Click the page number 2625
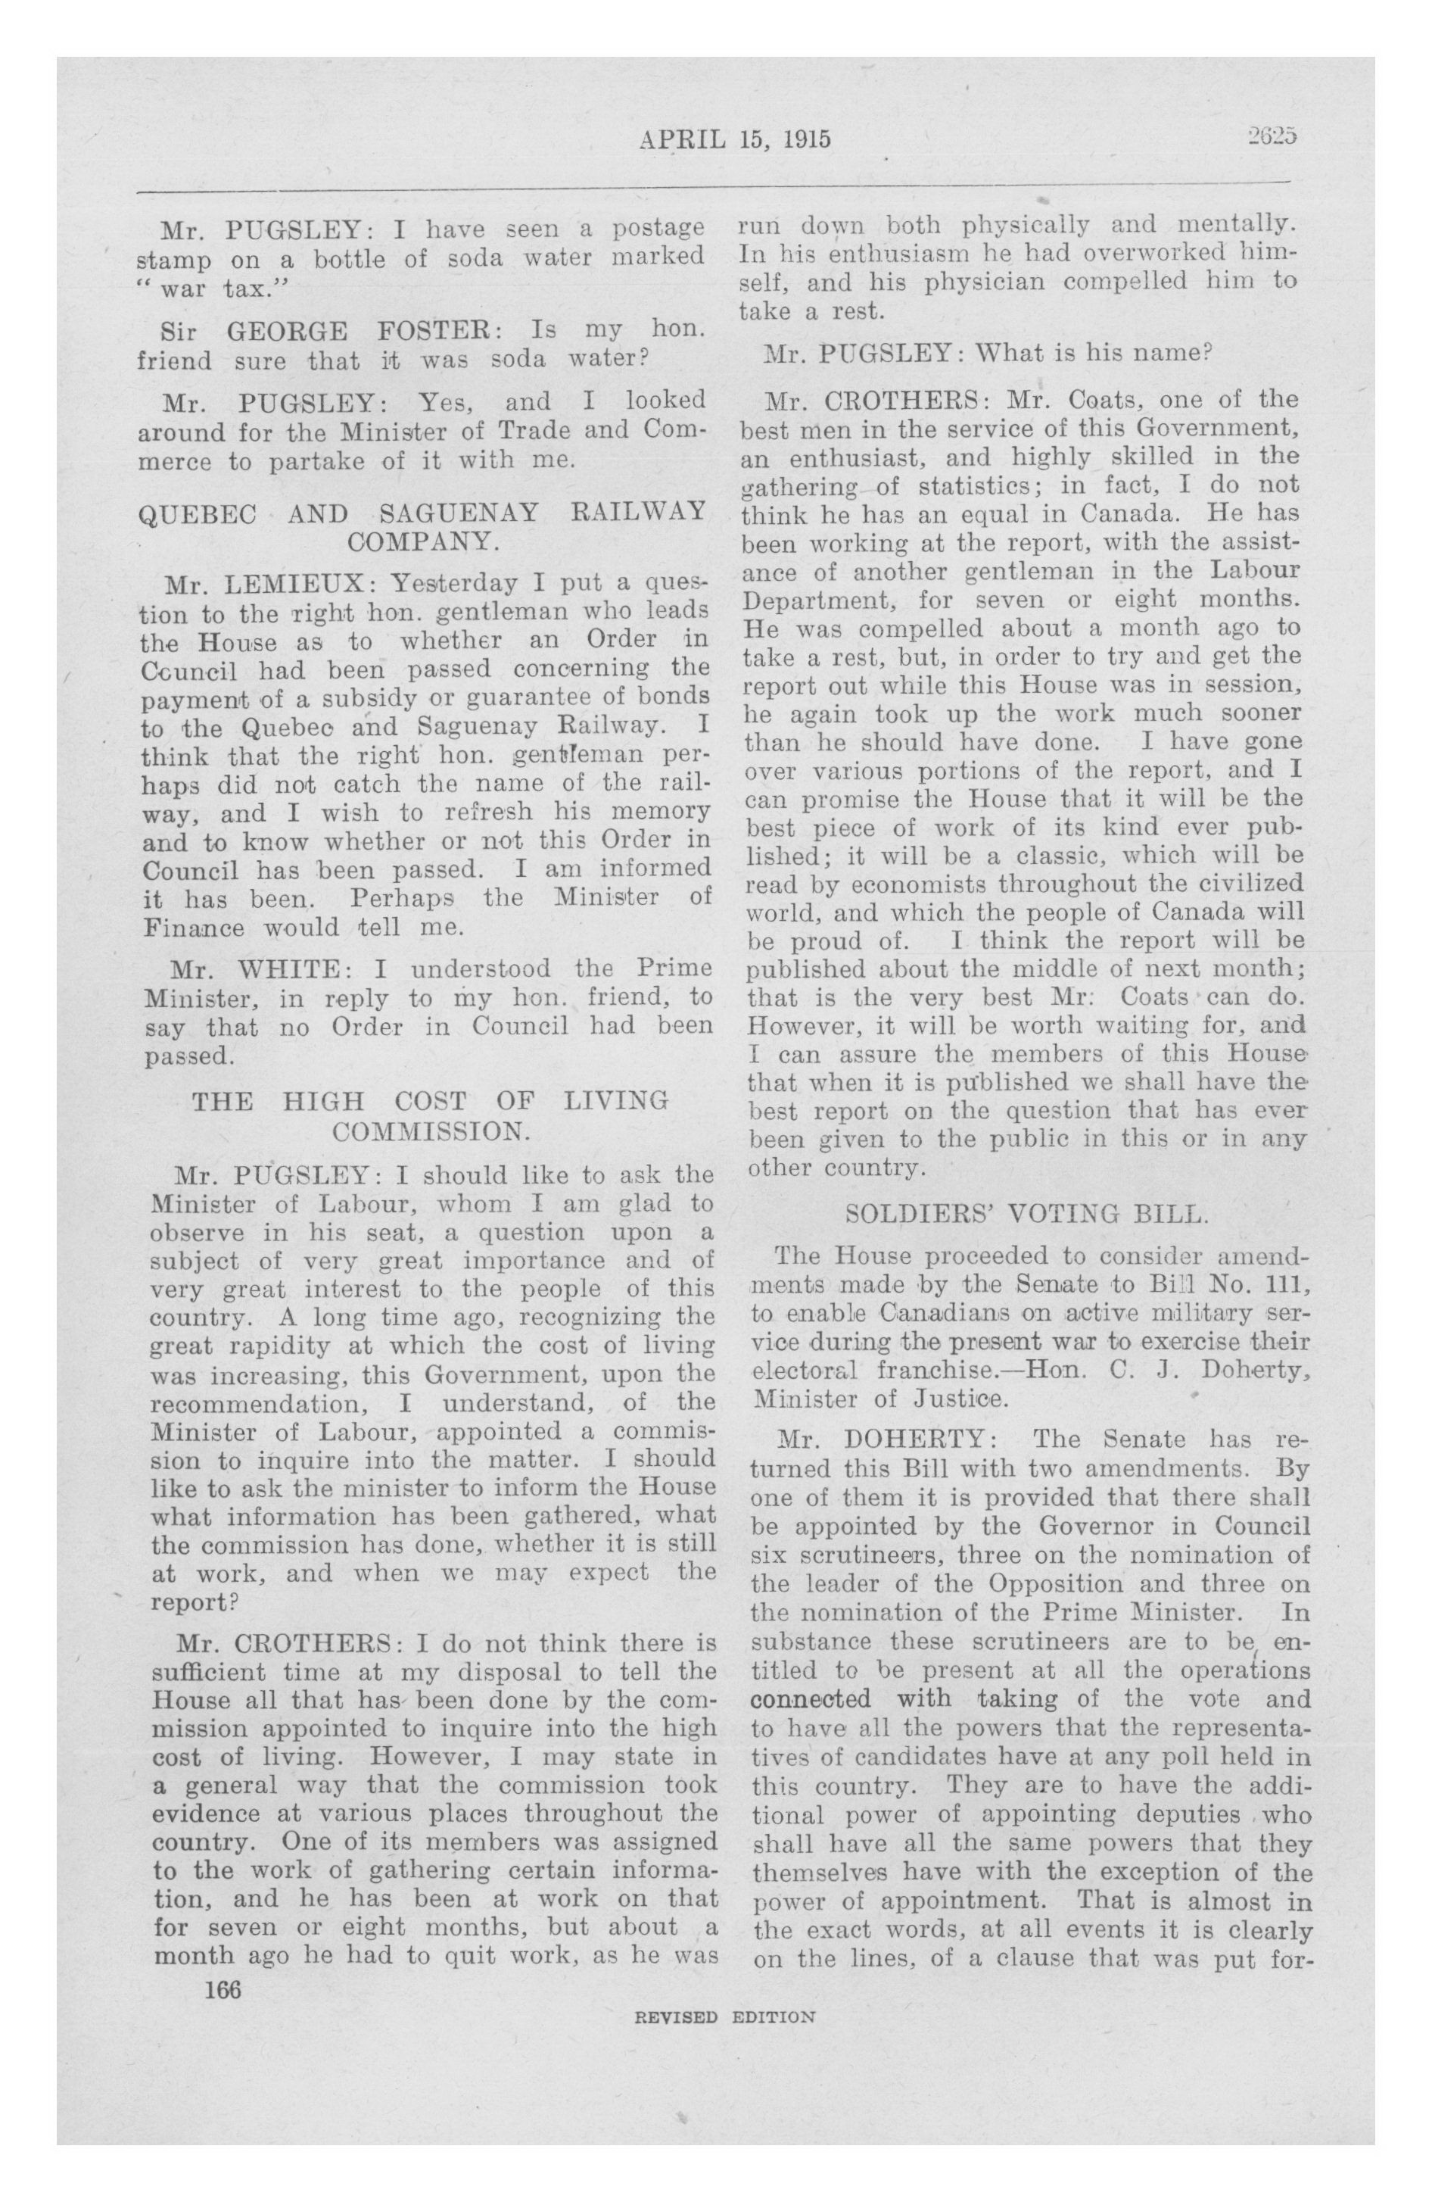click(1271, 137)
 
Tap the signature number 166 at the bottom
click(223, 1988)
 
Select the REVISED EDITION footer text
click(724, 2016)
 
